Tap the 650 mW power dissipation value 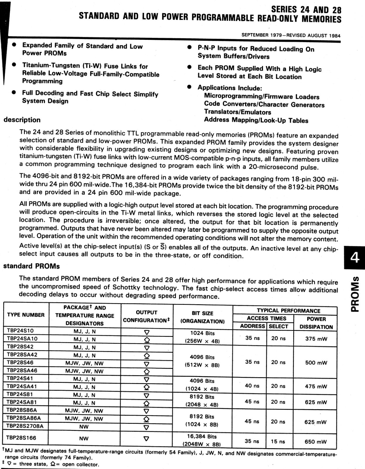(x=315, y=442)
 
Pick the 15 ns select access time (x=278, y=441)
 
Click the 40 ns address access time (x=252, y=386)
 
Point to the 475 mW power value (x=316, y=386)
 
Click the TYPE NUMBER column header (x=26, y=315)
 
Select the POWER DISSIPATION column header (x=316, y=323)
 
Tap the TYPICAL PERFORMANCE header (x=288, y=311)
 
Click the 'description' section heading (x=22, y=120)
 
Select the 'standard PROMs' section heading (x=31, y=266)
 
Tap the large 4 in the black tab (x=355, y=258)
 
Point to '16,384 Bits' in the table (x=202, y=436)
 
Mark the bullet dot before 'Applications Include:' (x=190, y=87)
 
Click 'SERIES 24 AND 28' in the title (x=306, y=10)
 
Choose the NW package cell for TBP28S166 (x=84, y=439)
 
